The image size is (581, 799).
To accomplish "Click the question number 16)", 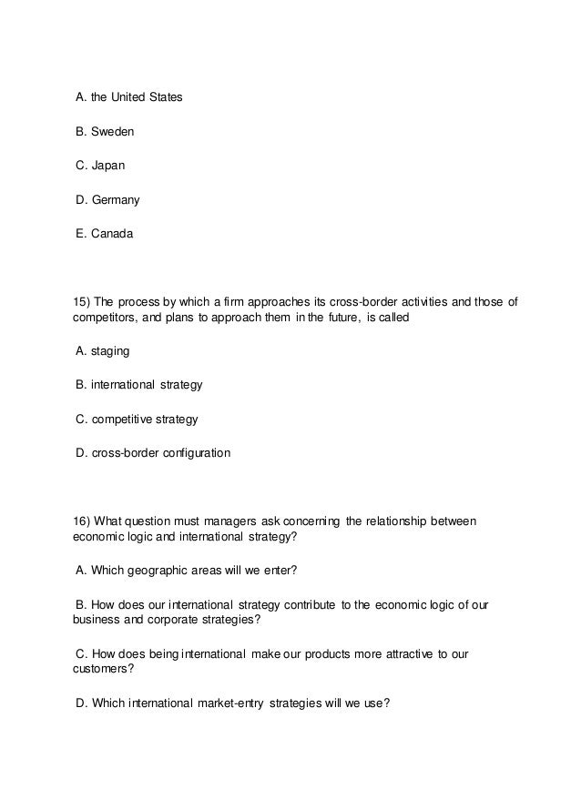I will [81, 521].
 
